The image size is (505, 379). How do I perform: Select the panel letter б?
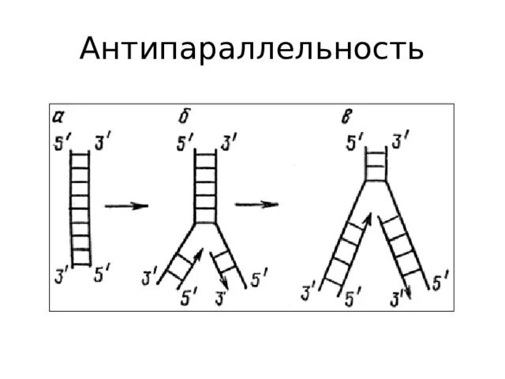[183, 117]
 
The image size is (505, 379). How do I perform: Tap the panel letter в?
[345, 118]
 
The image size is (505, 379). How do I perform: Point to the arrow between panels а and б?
[127, 205]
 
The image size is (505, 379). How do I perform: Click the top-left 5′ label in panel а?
[62, 144]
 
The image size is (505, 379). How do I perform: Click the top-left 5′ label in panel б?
[185, 143]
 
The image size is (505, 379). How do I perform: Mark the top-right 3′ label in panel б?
[229, 143]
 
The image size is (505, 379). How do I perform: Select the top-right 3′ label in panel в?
[400, 143]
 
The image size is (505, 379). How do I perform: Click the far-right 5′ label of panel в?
[442, 278]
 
